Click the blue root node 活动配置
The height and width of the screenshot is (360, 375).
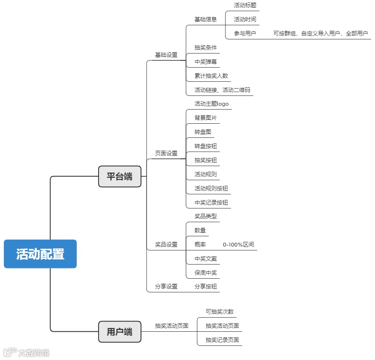pos(40,254)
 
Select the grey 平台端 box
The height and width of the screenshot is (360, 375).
pos(120,176)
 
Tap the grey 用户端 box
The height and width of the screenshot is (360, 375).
pos(120,332)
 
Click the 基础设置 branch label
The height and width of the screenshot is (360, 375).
pos(166,55)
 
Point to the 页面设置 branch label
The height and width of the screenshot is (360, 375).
pos(166,153)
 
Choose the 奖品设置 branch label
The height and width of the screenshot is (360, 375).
pos(166,244)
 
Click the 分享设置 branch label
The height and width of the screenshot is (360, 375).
pos(166,286)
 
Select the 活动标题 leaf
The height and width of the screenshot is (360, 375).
pos(245,5)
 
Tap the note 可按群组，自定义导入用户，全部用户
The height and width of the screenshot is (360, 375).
pos(321,33)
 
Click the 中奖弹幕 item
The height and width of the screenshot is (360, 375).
pos(206,62)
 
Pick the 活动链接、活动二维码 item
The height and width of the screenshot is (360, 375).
pos(222,90)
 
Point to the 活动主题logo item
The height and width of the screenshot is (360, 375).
pos(212,104)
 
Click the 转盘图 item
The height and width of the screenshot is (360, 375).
pos(203,132)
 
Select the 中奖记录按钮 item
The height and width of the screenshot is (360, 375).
pos(211,202)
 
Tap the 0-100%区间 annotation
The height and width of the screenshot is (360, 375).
pos(238,244)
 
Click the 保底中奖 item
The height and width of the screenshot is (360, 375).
pos(206,273)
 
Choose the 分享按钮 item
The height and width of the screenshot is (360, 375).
pos(206,286)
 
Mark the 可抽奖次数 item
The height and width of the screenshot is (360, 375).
pos(219,312)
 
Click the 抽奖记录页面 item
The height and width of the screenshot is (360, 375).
pos(222,340)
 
